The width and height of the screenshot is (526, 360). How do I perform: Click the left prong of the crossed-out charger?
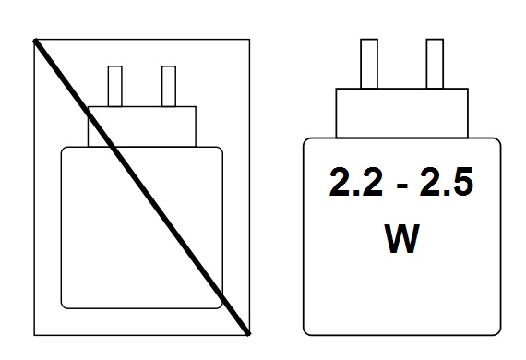coord(116,87)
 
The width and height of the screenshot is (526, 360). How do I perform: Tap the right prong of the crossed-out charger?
coord(169,87)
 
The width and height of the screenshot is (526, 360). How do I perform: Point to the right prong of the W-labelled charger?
coord(434,65)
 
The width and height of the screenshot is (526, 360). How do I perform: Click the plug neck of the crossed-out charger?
coord(142,126)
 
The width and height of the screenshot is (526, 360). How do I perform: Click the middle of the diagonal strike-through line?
coord(142,186)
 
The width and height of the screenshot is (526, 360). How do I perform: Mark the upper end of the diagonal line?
coord(36,41)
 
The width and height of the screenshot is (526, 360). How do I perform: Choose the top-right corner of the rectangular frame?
coord(249,40)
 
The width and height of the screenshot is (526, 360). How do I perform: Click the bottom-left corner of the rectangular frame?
coord(34,333)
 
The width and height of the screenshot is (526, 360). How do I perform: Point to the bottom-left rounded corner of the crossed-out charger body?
coord(65,304)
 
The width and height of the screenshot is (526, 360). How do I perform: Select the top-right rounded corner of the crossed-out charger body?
coord(219,150)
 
